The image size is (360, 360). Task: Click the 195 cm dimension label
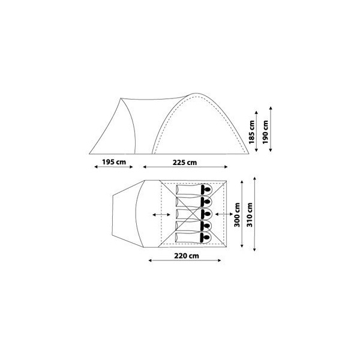click(114, 162)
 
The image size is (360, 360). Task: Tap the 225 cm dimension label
click(185, 163)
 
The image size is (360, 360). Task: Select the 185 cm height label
click(252, 132)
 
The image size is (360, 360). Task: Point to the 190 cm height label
click(265, 132)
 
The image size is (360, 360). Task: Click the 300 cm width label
click(237, 215)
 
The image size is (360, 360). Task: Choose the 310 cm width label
click(250, 215)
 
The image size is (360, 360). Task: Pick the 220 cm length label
click(187, 256)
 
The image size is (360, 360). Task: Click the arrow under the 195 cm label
click(113, 167)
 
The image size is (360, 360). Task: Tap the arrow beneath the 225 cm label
click(185, 167)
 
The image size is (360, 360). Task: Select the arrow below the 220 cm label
click(185, 260)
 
